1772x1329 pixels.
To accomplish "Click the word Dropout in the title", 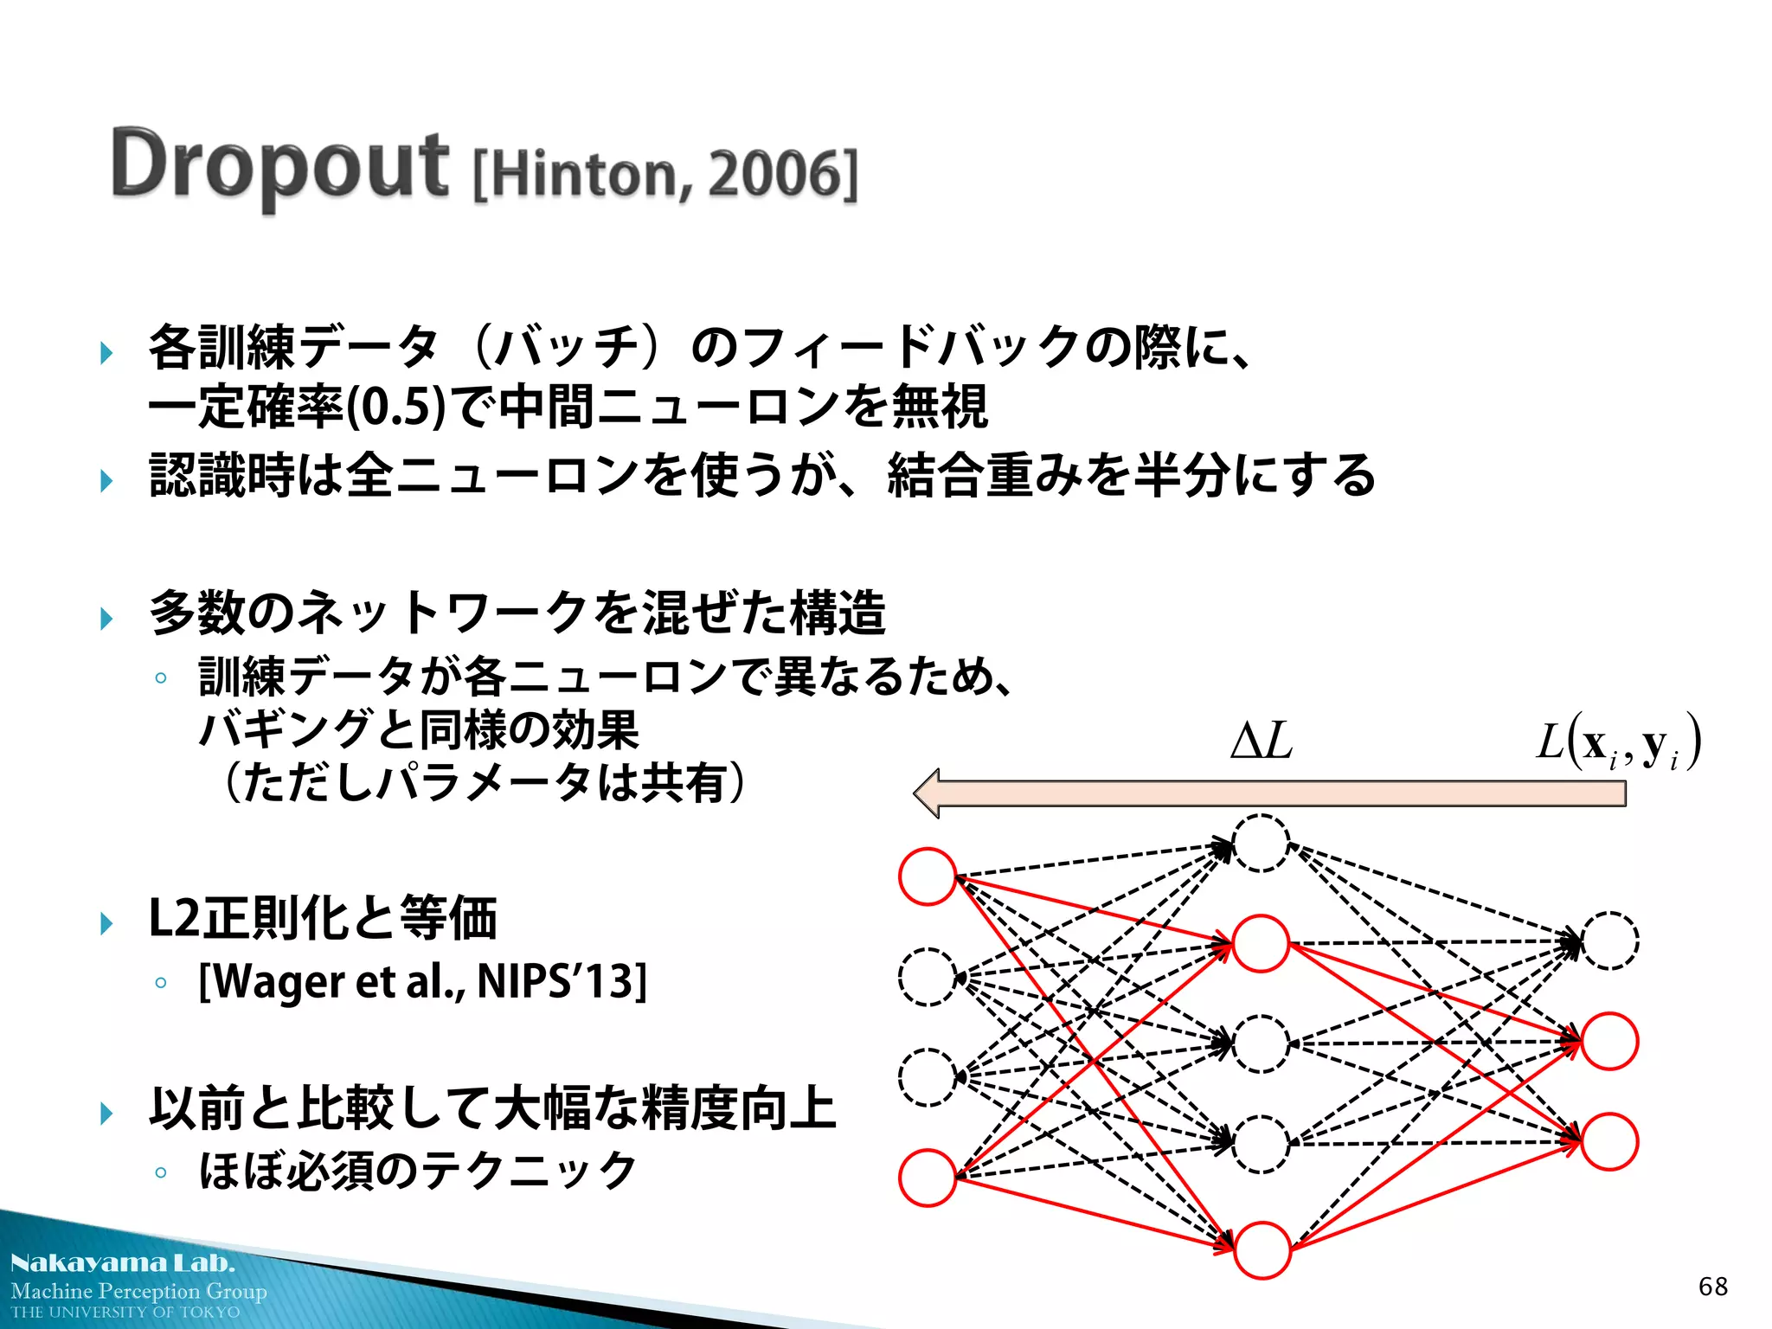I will tap(279, 164).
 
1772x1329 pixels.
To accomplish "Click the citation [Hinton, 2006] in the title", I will tap(665, 175).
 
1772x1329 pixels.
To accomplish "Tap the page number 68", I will tap(1712, 1287).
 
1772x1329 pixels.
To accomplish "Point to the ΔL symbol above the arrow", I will tap(1262, 742).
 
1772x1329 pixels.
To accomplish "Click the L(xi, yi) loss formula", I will tap(1619, 742).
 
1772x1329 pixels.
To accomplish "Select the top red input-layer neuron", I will tap(928, 876).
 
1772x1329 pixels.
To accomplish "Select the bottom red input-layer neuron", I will tap(928, 1178).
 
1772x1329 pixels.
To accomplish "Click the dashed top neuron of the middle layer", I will tap(1261, 843).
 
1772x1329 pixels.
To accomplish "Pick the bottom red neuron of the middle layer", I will tap(1262, 1250).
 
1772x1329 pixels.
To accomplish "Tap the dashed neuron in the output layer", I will tap(1609, 941).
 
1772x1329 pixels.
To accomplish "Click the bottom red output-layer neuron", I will tap(1609, 1142).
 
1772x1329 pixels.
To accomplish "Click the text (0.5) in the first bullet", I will tap(395, 408).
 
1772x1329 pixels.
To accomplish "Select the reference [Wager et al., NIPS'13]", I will tap(422, 982).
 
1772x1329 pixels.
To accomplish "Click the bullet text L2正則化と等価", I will tap(323, 919).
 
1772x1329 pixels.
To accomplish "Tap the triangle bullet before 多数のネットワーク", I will tap(106, 618).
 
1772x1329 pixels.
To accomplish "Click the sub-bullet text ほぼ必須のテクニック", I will tap(418, 1171).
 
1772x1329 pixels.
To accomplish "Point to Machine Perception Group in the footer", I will tap(138, 1291).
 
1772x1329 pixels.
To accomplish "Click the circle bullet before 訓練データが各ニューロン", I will tap(160, 678).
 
